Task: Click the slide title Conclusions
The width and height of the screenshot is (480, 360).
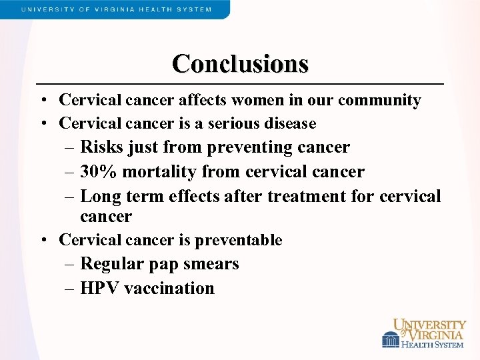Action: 240,64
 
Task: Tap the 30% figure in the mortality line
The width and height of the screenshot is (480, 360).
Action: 99,172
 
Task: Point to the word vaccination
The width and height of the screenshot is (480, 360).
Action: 170,289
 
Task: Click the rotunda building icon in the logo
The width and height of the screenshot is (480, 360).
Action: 390,340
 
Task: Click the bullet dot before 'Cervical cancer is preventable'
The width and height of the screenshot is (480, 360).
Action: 42,240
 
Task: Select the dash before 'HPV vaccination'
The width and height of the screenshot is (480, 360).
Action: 71,289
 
